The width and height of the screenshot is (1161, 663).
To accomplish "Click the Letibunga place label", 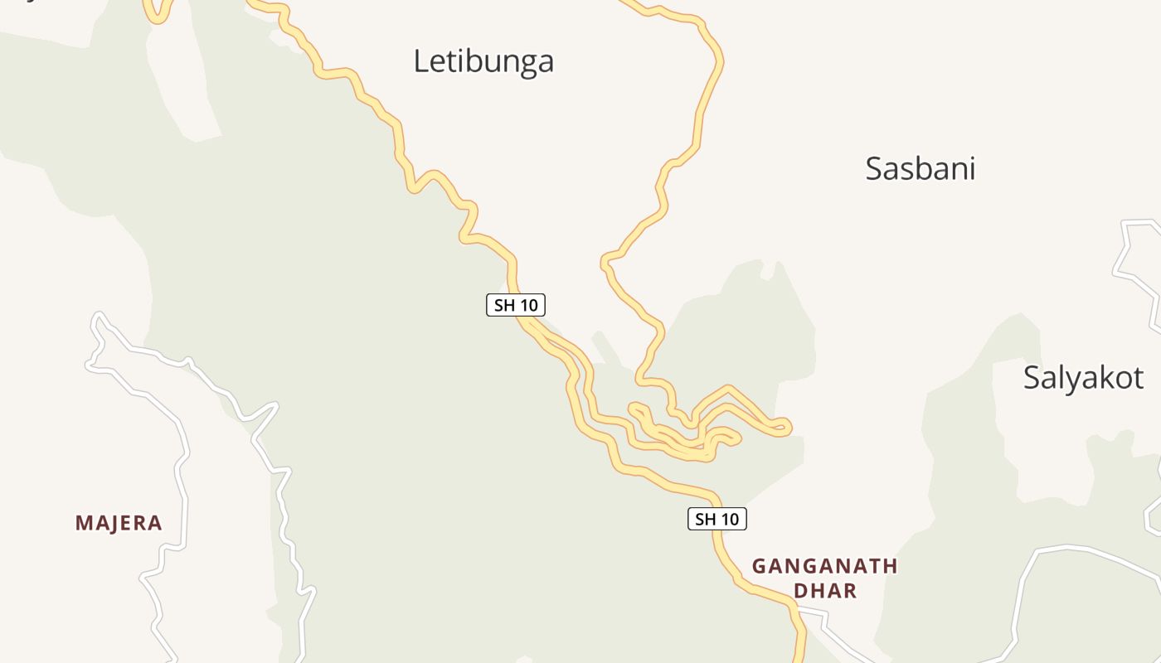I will click(x=483, y=61).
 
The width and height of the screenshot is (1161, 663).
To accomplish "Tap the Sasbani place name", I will click(x=920, y=168).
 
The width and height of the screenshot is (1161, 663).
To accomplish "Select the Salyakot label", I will click(x=1083, y=377).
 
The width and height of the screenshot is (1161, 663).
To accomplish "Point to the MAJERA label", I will click(x=119, y=523).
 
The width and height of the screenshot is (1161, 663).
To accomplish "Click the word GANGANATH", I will click(x=824, y=567).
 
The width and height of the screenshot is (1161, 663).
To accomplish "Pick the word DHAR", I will click(x=824, y=591).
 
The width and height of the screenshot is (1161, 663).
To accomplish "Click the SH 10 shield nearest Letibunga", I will click(x=516, y=305).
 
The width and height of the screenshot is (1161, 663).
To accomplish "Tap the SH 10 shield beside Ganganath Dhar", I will click(x=717, y=520).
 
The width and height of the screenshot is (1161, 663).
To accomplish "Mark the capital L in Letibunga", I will click(x=420, y=61).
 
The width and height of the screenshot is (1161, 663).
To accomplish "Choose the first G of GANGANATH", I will click(x=759, y=567).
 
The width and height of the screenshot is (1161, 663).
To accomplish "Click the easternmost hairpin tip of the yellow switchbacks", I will click(x=787, y=428).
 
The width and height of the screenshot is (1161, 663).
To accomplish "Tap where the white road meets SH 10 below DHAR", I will click(x=797, y=611).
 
